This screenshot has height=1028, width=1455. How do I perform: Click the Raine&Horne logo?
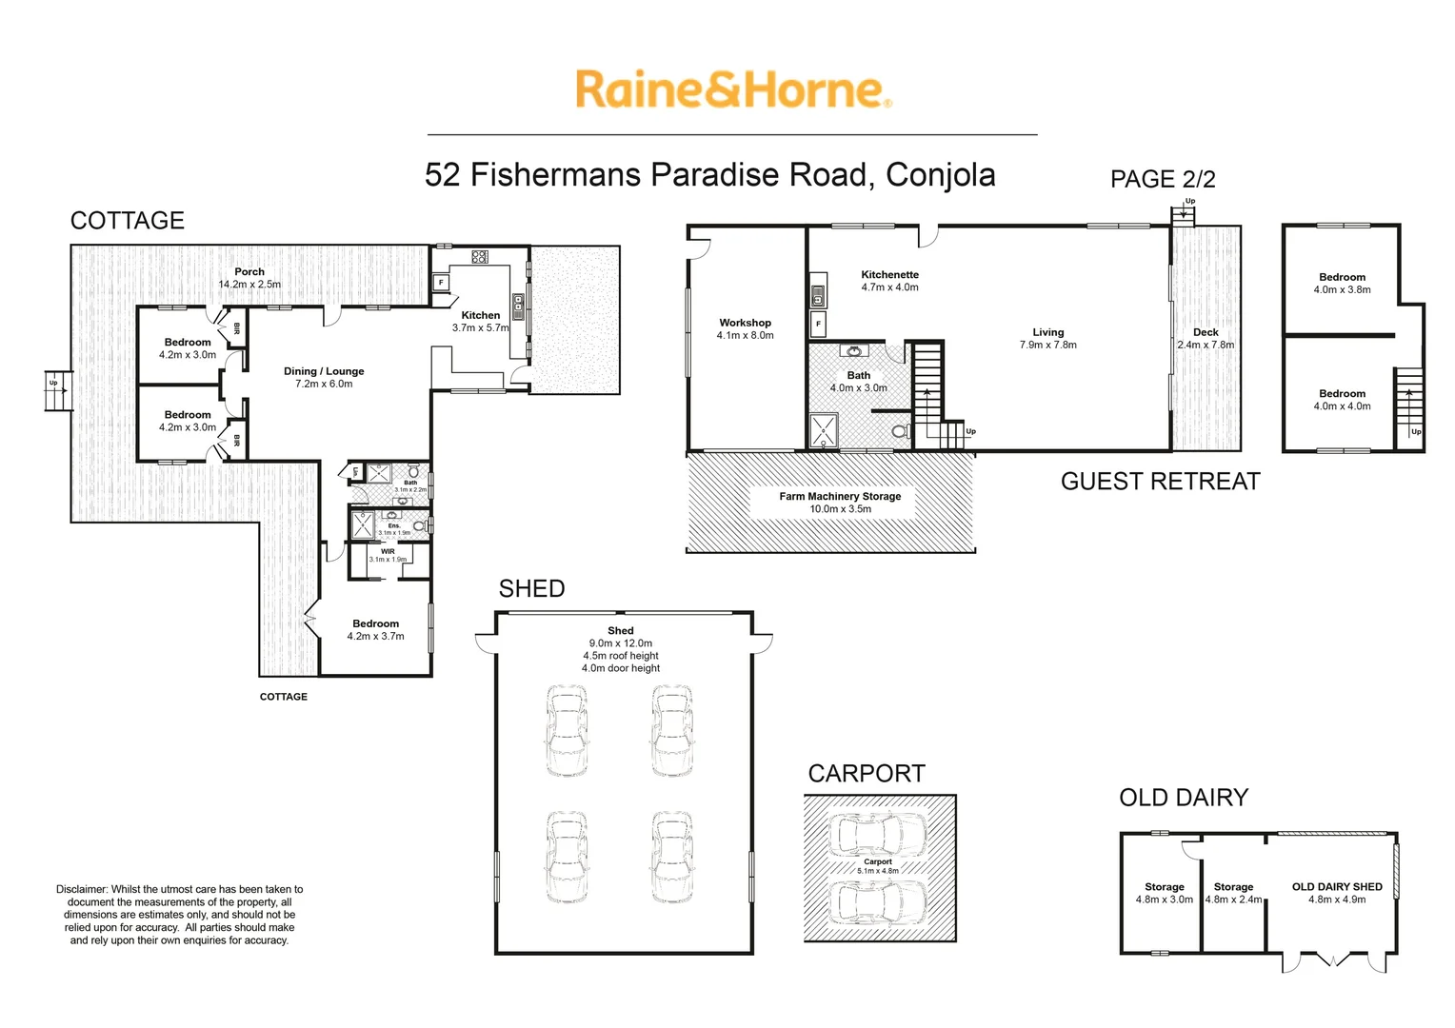click(x=732, y=89)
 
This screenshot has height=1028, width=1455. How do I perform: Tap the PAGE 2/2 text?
click(x=1162, y=179)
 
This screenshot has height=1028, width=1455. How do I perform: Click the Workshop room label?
click(x=745, y=324)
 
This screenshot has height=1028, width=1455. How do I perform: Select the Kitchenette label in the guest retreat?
click(x=889, y=275)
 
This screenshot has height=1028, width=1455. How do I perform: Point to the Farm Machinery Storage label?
click(x=839, y=496)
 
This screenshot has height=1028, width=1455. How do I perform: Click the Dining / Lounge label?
click(x=324, y=371)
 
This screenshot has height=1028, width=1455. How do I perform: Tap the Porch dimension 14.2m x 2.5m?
click(x=249, y=284)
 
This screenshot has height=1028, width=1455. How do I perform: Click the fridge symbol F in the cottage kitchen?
click(x=441, y=283)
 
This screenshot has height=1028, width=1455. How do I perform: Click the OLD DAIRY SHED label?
click(x=1336, y=886)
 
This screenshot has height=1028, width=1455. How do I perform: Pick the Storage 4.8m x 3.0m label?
click(x=1164, y=893)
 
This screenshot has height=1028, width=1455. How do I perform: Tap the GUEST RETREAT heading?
click(x=1160, y=482)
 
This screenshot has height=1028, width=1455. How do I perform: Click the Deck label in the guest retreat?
click(x=1206, y=332)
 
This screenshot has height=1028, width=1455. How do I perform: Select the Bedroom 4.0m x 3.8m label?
click(x=1342, y=283)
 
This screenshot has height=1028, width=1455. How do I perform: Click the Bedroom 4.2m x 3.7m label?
click(x=375, y=629)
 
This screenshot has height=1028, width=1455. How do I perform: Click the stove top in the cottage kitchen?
click(x=479, y=256)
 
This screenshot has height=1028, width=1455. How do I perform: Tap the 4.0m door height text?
click(x=621, y=668)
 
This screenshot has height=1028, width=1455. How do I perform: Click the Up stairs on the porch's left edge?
click(x=58, y=389)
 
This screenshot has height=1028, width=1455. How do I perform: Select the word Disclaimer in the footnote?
click(x=82, y=889)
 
